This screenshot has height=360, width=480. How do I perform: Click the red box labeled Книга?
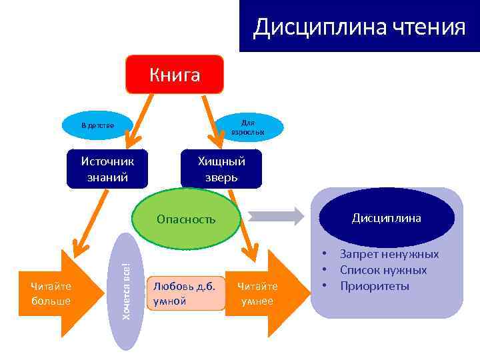[x=175, y=74]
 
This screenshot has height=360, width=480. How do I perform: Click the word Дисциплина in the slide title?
[x=312, y=28]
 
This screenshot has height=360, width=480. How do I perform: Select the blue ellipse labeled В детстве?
[x=97, y=125]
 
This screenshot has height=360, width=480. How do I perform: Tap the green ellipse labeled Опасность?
[x=186, y=219]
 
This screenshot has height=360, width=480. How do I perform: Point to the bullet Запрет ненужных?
[x=389, y=254]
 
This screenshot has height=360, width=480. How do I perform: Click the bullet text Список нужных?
[x=383, y=270]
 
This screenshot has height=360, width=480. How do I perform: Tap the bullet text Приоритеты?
[x=374, y=286]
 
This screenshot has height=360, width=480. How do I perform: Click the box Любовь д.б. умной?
[x=185, y=293]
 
